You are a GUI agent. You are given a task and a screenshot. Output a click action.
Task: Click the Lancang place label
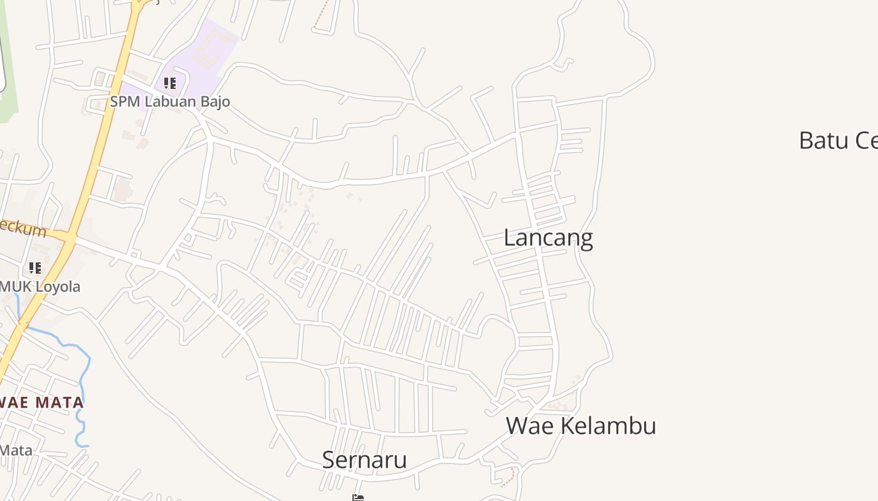[x=548, y=238]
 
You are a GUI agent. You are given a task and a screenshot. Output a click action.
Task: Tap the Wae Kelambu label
[x=581, y=426]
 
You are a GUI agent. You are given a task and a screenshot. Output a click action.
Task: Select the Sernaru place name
[x=364, y=460]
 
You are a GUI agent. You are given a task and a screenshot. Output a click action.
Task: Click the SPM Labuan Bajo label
[x=170, y=101]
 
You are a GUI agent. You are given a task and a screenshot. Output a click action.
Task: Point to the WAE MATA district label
[x=42, y=402]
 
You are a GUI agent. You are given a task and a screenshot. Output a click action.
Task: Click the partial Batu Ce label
[x=838, y=140]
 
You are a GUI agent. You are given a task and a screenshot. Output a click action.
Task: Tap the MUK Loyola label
[x=40, y=287]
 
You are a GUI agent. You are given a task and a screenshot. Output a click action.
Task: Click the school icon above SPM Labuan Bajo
[x=169, y=83]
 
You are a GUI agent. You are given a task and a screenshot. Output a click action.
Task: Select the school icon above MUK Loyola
[x=35, y=268]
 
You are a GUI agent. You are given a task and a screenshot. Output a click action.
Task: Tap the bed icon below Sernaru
[x=358, y=497]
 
